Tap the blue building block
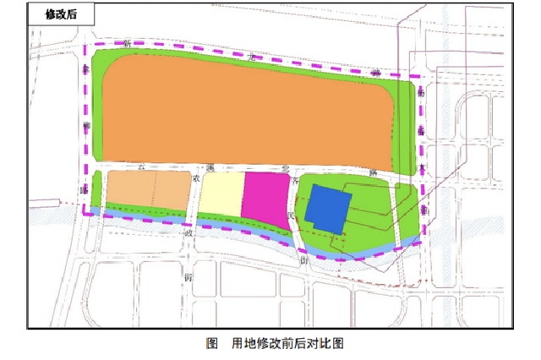328,208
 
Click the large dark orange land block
245,110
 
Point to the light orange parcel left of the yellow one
148,189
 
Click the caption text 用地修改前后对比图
287,344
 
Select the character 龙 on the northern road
251,57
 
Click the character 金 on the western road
86,70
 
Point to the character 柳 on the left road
85,127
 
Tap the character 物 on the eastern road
421,95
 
